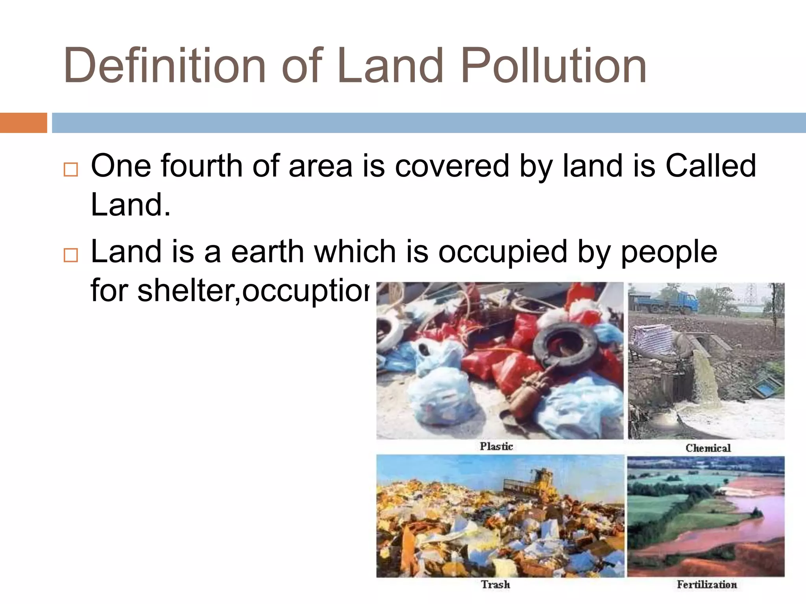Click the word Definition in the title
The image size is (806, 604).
pyautogui.click(x=165, y=66)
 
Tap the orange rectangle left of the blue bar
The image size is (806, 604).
pyautogui.click(x=23, y=123)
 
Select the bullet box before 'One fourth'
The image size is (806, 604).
pyautogui.click(x=71, y=169)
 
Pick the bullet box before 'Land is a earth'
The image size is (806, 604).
pyautogui.click(x=71, y=255)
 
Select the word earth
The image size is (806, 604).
pyautogui.click(x=268, y=252)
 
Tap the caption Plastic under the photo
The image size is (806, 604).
pyautogui.click(x=496, y=446)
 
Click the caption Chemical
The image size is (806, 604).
pyautogui.click(x=708, y=448)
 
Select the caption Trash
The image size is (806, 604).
pyautogui.click(x=495, y=584)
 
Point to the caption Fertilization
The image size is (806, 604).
pyautogui.click(x=707, y=584)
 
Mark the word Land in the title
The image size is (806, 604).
pyautogui.click(x=390, y=66)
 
